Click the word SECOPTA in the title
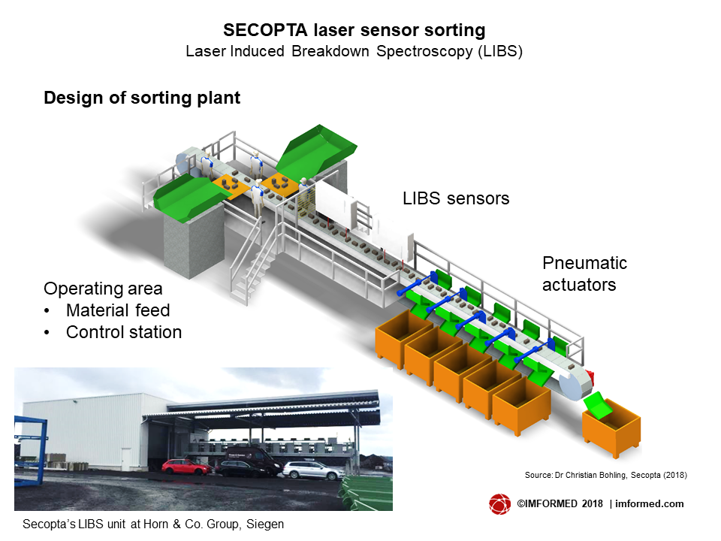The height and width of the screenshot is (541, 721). tap(265, 30)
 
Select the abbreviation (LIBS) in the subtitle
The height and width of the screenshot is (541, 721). tap(500, 51)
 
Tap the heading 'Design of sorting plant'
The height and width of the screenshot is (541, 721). tap(142, 98)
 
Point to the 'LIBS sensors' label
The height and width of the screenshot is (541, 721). tap(456, 198)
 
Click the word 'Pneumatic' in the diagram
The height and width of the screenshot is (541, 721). tap(584, 263)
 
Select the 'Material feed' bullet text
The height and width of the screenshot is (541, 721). tap(118, 310)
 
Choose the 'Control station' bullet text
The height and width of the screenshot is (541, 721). tap(124, 331)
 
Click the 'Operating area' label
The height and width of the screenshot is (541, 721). tap(103, 289)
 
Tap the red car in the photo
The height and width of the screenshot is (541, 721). tap(186, 467)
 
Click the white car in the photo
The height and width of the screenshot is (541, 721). tap(313, 470)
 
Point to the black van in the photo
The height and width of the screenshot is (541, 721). tap(249, 462)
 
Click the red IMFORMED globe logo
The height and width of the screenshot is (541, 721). tap(500, 503)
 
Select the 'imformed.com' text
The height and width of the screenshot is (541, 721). tap(649, 503)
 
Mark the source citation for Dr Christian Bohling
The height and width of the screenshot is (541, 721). tap(606, 475)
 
